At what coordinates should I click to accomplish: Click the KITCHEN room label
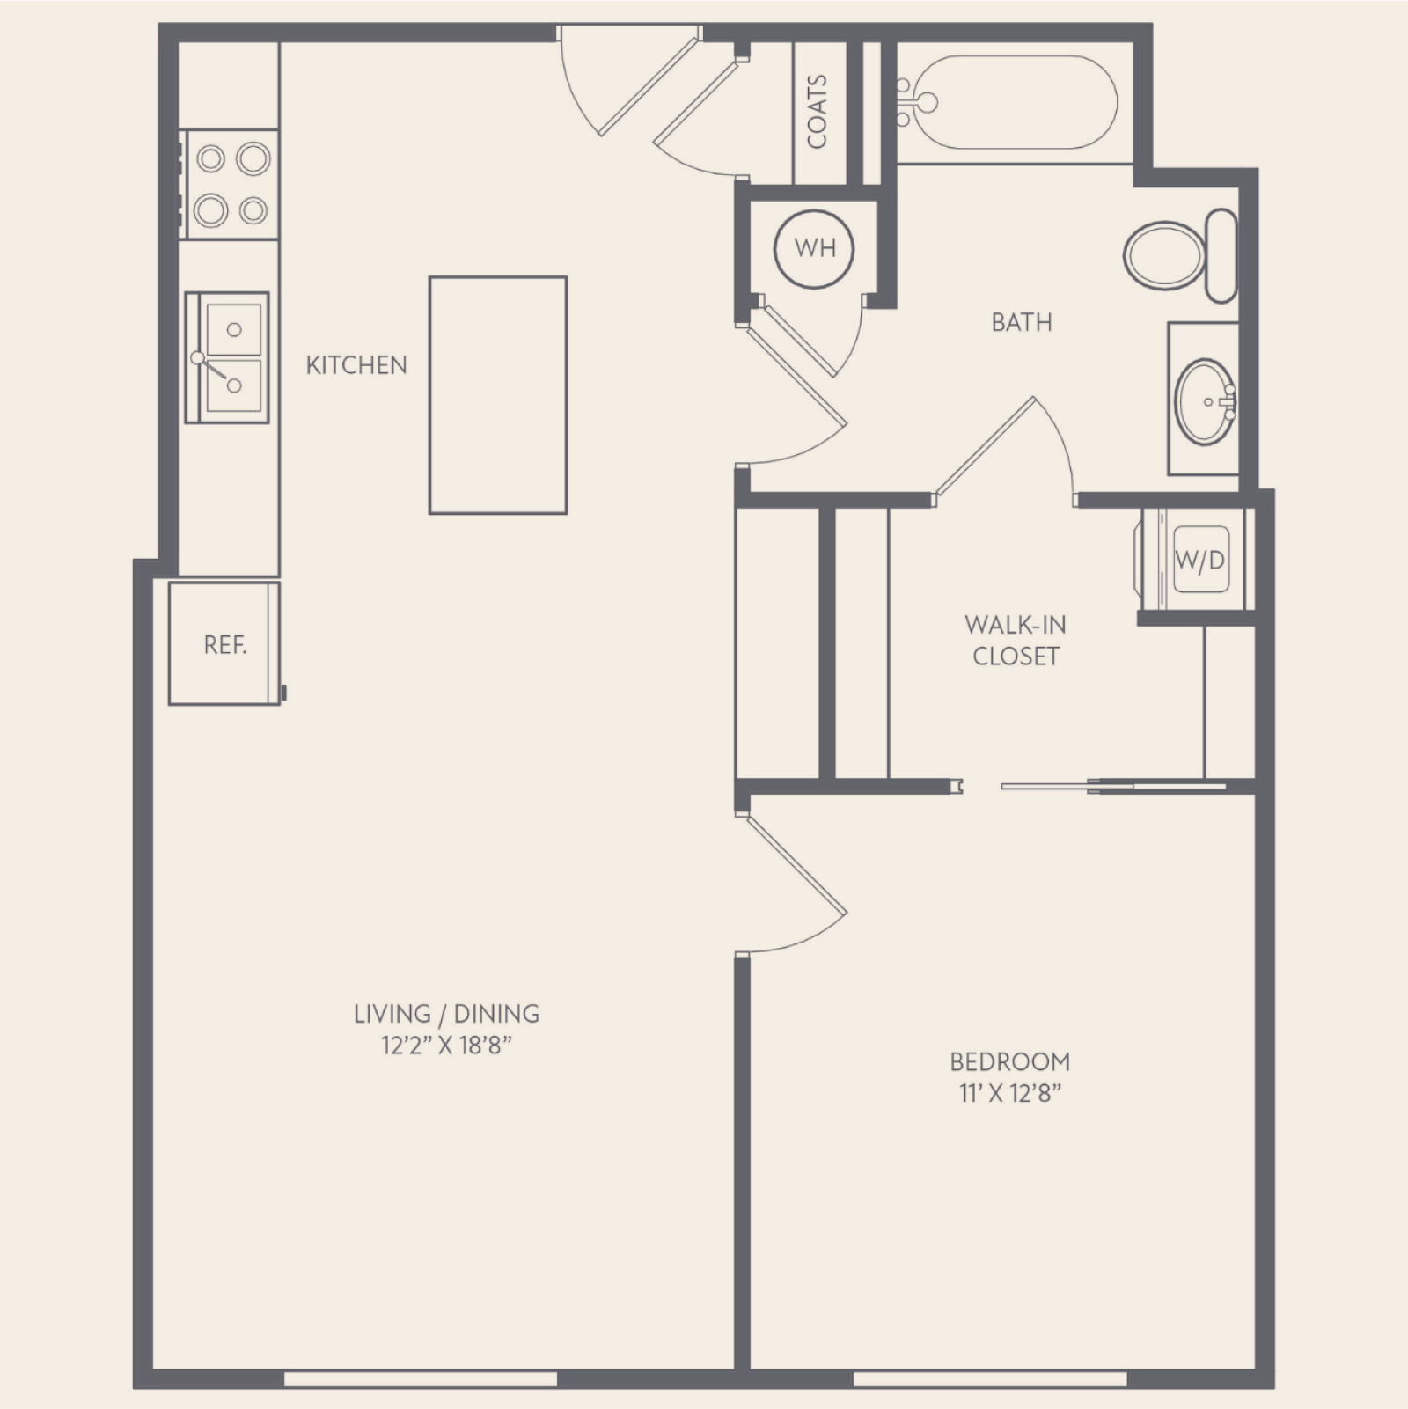coord(356,365)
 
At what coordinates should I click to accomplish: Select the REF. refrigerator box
coord(224,643)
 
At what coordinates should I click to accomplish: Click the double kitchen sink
coord(227,357)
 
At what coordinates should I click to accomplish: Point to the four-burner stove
coord(230,184)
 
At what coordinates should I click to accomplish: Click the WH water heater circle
coord(815,248)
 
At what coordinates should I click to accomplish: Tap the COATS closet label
coord(817,111)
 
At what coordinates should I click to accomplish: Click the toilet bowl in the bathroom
coord(1164,255)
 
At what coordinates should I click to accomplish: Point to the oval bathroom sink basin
coord(1206,400)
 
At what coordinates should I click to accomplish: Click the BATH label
coord(1022,323)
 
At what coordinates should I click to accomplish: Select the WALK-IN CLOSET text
coord(1016,641)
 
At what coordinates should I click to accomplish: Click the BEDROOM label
coord(1010,1061)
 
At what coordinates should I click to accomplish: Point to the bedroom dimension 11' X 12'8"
coord(1010,1094)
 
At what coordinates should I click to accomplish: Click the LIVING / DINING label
coord(447,1014)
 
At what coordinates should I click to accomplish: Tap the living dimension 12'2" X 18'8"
coord(447,1046)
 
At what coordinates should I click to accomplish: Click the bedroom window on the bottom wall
coord(990,1377)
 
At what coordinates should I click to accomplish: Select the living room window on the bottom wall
coord(421,1377)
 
